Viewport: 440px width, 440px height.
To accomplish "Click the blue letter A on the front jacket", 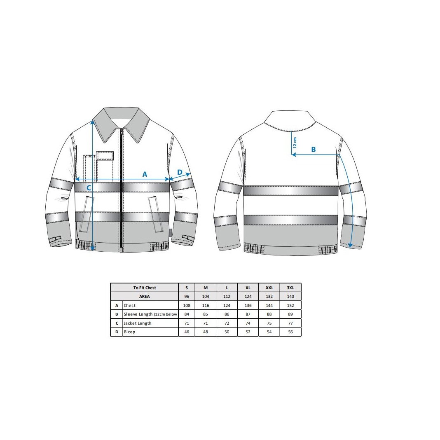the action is [x=145, y=174].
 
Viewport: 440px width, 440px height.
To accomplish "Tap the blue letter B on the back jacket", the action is [x=314, y=150].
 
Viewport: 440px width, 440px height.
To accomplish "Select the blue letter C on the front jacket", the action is [x=89, y=187].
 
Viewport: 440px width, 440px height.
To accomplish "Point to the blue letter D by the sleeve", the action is [x=180, y=172].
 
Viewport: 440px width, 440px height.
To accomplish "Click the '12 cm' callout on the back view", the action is [x=295, y=143].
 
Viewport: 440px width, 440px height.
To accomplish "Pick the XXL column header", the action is [x=269, y=288].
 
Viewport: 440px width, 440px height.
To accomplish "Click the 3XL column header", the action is [x=290, y=288].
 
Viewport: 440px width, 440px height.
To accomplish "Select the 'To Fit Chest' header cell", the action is [x=145, y=288].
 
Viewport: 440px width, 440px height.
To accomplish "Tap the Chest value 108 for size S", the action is [x=187, y=305].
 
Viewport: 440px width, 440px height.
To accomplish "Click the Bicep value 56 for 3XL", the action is [x=290, y=332].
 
